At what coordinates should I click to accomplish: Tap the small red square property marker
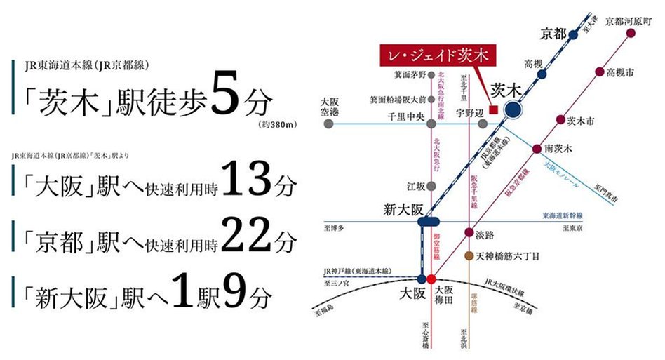pyautogui.click(x=493, y=109)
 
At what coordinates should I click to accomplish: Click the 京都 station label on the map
pyautogui.click(x=553, y=33)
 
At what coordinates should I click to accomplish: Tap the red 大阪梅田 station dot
pyautogui.click(x=431, y=278)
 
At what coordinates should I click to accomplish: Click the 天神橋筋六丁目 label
pyautogui.click(x=507, y=257)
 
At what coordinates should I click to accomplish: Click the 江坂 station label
pyautogui.click(x=417, y=186)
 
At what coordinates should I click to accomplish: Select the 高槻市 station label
pyautogui.click(x=622, y=72)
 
